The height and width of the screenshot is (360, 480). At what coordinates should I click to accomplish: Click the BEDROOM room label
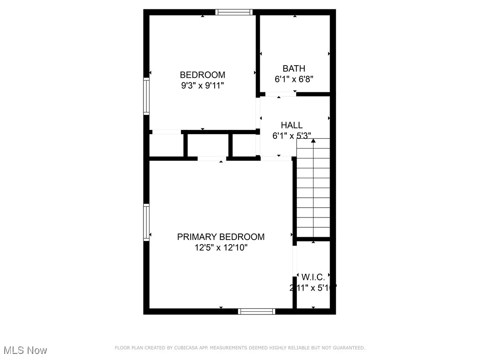[202, 75]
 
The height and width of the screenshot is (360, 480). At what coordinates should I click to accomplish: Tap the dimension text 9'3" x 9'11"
[202, 85]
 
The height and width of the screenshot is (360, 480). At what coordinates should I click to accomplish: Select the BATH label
[294, 69]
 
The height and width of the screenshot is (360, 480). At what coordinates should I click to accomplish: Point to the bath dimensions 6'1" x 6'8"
[294, 79]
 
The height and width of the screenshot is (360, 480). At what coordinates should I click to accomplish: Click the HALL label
[292, 125]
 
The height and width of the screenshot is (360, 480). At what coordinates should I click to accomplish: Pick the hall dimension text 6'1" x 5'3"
[292, 135]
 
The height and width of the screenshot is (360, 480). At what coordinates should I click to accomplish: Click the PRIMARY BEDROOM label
[221, 237]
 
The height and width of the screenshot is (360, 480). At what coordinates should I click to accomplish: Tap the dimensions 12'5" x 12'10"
[221, 247]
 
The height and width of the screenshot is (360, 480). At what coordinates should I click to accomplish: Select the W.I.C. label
[313, 277]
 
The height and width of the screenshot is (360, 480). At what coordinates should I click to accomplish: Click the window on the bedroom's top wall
[234, 12]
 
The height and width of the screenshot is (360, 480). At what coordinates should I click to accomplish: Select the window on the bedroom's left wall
[146, 97]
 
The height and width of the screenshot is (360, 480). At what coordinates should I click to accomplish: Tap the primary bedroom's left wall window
[146, 223]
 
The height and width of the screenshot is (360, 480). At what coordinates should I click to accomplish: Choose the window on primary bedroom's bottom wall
[256, 311]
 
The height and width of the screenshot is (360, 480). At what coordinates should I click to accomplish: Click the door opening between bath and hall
[280, 94]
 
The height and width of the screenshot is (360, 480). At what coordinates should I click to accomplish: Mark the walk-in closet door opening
[295, 261]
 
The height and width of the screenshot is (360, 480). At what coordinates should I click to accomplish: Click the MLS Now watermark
[24, 350]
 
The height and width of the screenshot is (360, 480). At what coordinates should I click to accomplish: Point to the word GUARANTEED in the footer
[347, 348]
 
